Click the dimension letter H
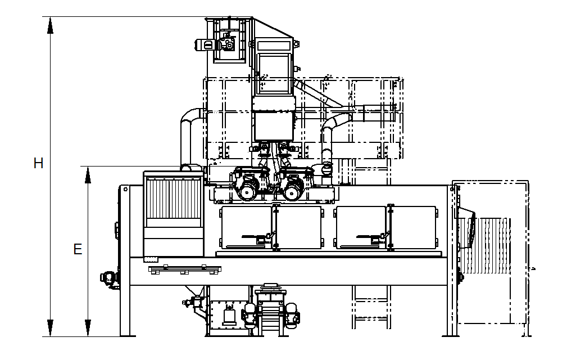(38, 163)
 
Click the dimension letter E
(78, 249)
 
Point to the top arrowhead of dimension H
(51, 25)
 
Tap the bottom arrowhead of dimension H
(51, 328)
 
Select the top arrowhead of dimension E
(88, 174)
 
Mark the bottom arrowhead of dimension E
(88, 328)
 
